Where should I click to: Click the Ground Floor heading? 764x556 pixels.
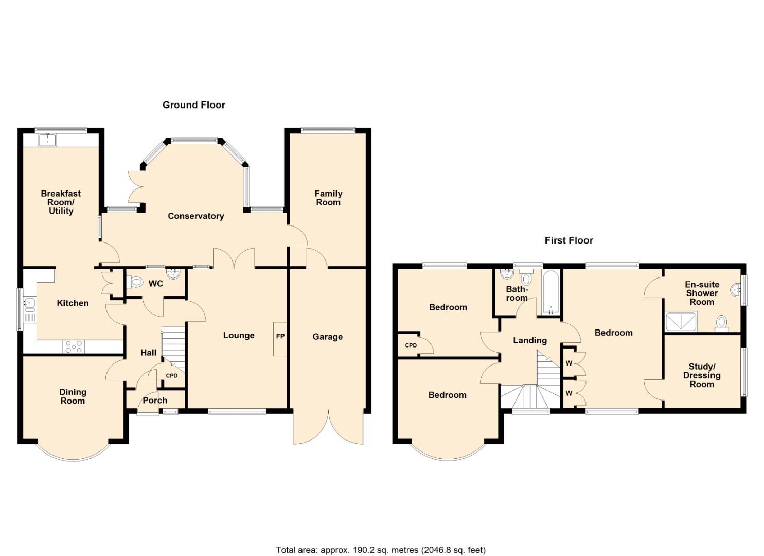(x=194, y=105)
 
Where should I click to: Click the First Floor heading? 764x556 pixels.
(x=568, y=240)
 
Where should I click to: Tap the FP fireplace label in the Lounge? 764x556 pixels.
(x=280, y=336)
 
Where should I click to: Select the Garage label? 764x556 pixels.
(x=327, y=337)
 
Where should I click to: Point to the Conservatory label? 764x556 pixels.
(x=196, y=216)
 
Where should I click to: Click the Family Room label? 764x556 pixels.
(x=328, y=198)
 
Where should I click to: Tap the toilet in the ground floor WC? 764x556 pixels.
(x=136, y=282)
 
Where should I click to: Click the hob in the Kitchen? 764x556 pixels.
(x=74, y=346)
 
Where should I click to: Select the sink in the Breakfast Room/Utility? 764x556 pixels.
(x=48, y=139)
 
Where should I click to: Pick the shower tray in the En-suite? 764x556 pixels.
(x=681, y=321)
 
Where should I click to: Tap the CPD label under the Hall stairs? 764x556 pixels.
(x=171, y=376)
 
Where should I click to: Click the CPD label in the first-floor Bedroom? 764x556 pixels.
(x=411, y=345)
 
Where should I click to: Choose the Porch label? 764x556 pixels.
(x=155, y=401)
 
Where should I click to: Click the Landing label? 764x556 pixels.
(x=529, y=340)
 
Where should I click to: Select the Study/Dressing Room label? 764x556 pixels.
(x=701, y=375)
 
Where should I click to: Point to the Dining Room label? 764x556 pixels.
(x=73, y=396)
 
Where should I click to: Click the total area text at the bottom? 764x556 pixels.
(x=381, y=550)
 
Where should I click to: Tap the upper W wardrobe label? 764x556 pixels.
(x=568, y=363)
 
